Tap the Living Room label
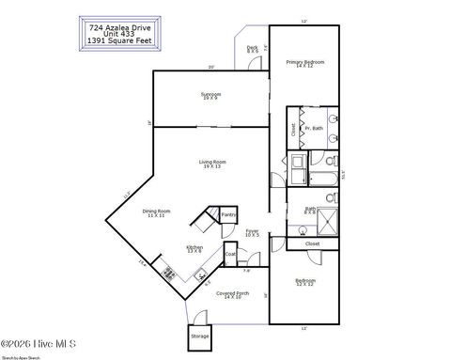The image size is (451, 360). click(x=212, y=164)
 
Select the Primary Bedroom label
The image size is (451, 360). click(x=304, y=64)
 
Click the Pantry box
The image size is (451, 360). click(x=228, y=215)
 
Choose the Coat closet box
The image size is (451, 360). click(x=230, y=254)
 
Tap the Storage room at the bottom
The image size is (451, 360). click(x=199, y=336)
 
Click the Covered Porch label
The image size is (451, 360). click(x=229, y=295)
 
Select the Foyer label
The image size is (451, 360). click(x=253, y=232)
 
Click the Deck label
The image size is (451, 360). click(x=252, y=50)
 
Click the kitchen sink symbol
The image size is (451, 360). click(x=200, y=275)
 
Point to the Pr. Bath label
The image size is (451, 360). click(x=317, y=128)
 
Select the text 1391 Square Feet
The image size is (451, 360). click(x=117, y=41)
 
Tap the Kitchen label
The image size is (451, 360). click(x=195, y=248)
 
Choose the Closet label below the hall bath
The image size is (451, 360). click(x=313, y=243)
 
